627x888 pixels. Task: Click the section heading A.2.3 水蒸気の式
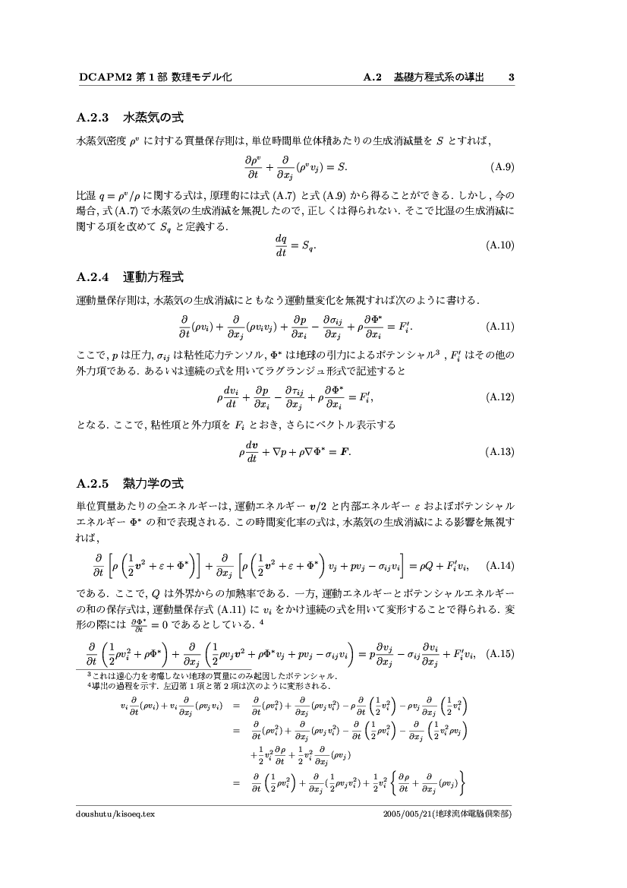pos(131,119)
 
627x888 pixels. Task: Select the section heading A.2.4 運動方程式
pos(131,274)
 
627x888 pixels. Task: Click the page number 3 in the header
pos(512,77)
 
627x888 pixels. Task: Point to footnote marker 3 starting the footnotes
pos(88,673)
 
